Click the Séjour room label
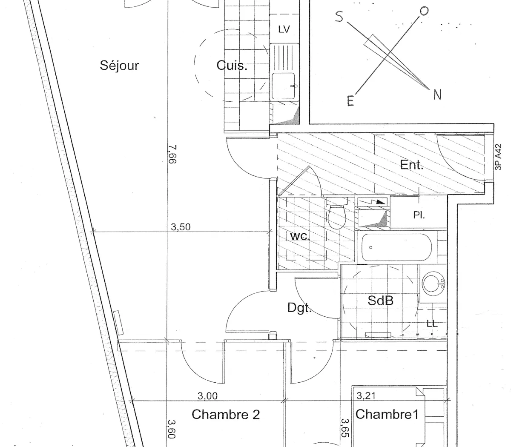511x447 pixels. coord(119,66)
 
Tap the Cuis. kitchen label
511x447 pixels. coord(232,66)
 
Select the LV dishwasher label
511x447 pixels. coord(284,29)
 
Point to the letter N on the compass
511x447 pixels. coord(437,95)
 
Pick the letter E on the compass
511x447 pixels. coord(350,101)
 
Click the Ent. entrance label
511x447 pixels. coord(411,165)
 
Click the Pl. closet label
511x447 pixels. coord(419,215)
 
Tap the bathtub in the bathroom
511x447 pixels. coord(396,248)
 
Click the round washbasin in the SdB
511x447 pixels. coord(433,282)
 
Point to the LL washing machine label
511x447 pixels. coord(432,324)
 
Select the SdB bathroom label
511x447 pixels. coord(380,301)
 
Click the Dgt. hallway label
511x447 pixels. coord(299,308)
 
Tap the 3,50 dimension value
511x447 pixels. coord(181,227)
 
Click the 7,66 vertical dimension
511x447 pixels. coord(172,154)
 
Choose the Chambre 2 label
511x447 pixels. coord(226,414)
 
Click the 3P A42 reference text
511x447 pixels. coord(499,157)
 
